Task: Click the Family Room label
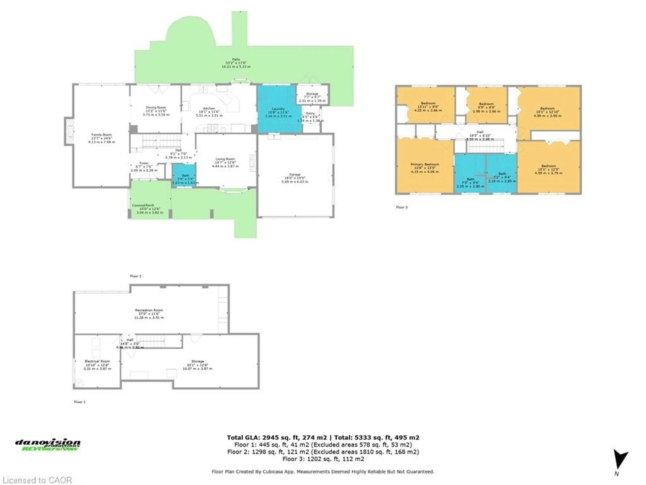click(x=101, y=138)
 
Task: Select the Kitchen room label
click(x=209, y=112)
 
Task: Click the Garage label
click(x=295, y=178)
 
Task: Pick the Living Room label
click(x=225, y=162)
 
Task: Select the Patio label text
click(x=236, y=63)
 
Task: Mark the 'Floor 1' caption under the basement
click(x=80, y=402)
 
